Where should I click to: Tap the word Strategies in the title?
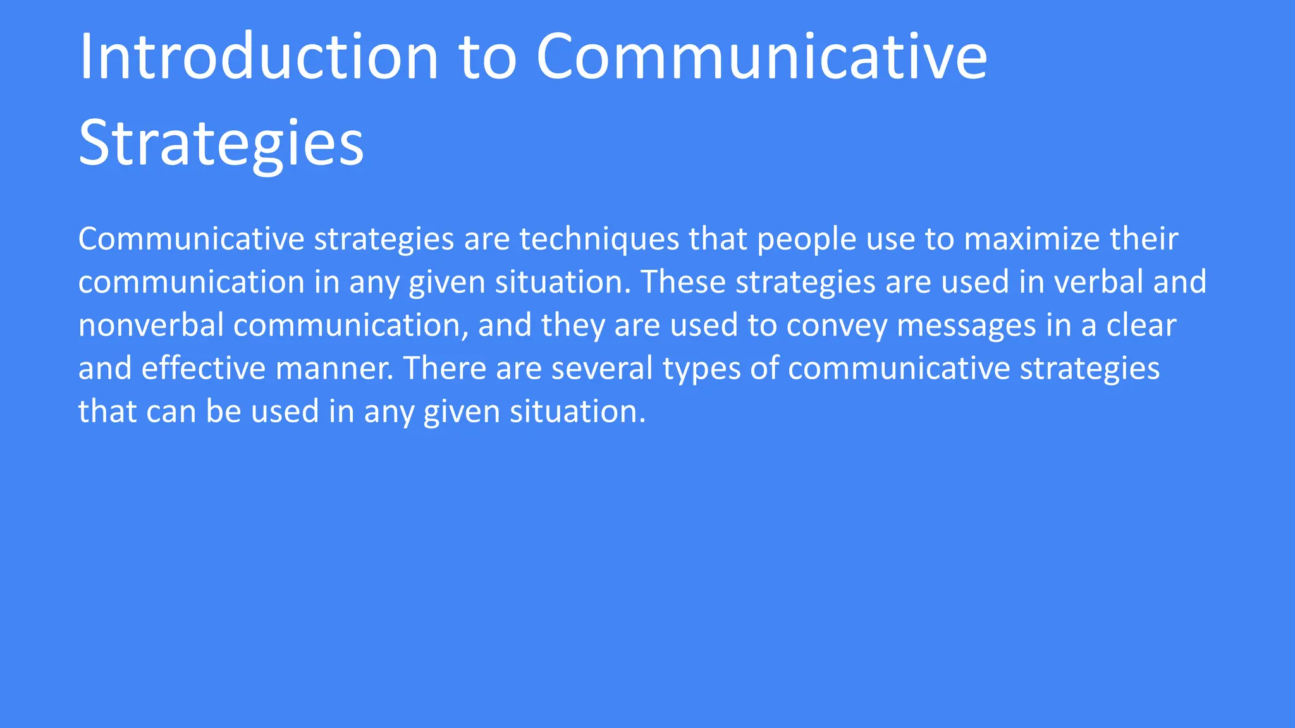pyautogui.click(x=221, y=143)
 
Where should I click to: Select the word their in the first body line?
pyautogui.click(x=1144, y=239)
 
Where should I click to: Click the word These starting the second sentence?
pyautogui.click(x=684, y=282)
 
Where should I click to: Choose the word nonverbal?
pyautogui.click(x=151, y=325)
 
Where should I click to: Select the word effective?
pyautogui.click(x=203, y=368)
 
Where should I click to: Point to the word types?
pyautogui.click(x=701, y=368)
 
